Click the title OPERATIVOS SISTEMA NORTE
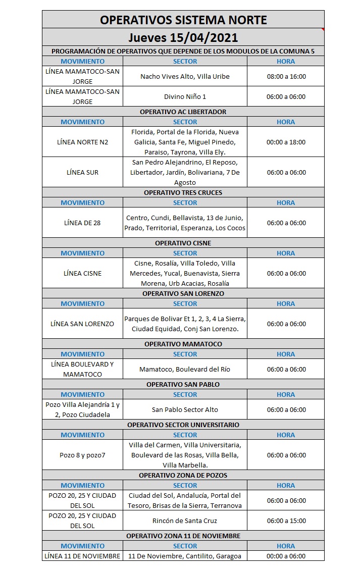pos(183,20)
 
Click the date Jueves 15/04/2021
pos(183,38)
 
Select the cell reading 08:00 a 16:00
pos(286,76)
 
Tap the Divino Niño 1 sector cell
pos(185,96)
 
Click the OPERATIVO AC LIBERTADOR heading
pos(183,112)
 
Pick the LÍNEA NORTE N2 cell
pos(82,142)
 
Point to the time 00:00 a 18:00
pos(286,142)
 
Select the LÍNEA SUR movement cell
pos(82,172)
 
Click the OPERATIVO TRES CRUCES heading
pos(183,192)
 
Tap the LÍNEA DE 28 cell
pos(82,223)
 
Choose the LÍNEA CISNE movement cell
pos(82,273)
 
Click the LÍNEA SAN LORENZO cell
pos(82,324)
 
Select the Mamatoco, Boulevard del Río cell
pos(185,369)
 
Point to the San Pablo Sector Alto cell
pos(185,409)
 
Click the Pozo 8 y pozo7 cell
pos(82,455)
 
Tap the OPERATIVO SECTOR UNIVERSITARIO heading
pos(183,425)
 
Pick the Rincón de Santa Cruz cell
pos(185,521)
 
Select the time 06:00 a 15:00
pos(286,521)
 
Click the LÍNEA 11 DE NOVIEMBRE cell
pos(82,556)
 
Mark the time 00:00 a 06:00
pos(286,556)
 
